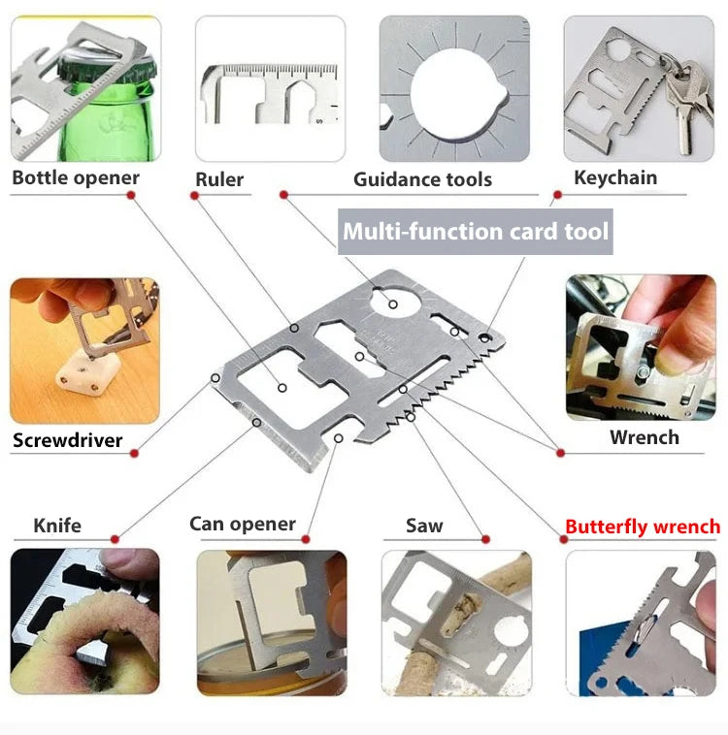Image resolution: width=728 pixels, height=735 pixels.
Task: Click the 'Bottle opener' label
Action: tap(76, 177)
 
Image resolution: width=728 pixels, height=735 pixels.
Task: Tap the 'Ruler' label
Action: tap(219, 178)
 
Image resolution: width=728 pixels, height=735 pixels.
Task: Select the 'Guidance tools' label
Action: tap(422, 179)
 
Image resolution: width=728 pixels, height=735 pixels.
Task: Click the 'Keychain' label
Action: tap(615, 177)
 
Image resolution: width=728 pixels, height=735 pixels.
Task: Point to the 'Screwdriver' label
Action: tap(68, 441)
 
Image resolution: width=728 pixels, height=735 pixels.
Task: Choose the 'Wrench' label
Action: tap(645, 437)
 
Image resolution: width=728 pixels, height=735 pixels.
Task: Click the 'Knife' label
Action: tap(57, 526)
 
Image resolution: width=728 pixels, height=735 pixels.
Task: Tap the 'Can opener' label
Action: tap(243, 524)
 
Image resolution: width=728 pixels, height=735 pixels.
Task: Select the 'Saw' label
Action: tap(424, 526)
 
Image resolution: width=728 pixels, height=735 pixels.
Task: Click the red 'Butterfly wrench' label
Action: tap(643, 527)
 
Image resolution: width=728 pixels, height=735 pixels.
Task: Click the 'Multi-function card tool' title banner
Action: tap(476, 232)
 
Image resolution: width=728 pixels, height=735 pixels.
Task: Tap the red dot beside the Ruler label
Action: tap(195, 196)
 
